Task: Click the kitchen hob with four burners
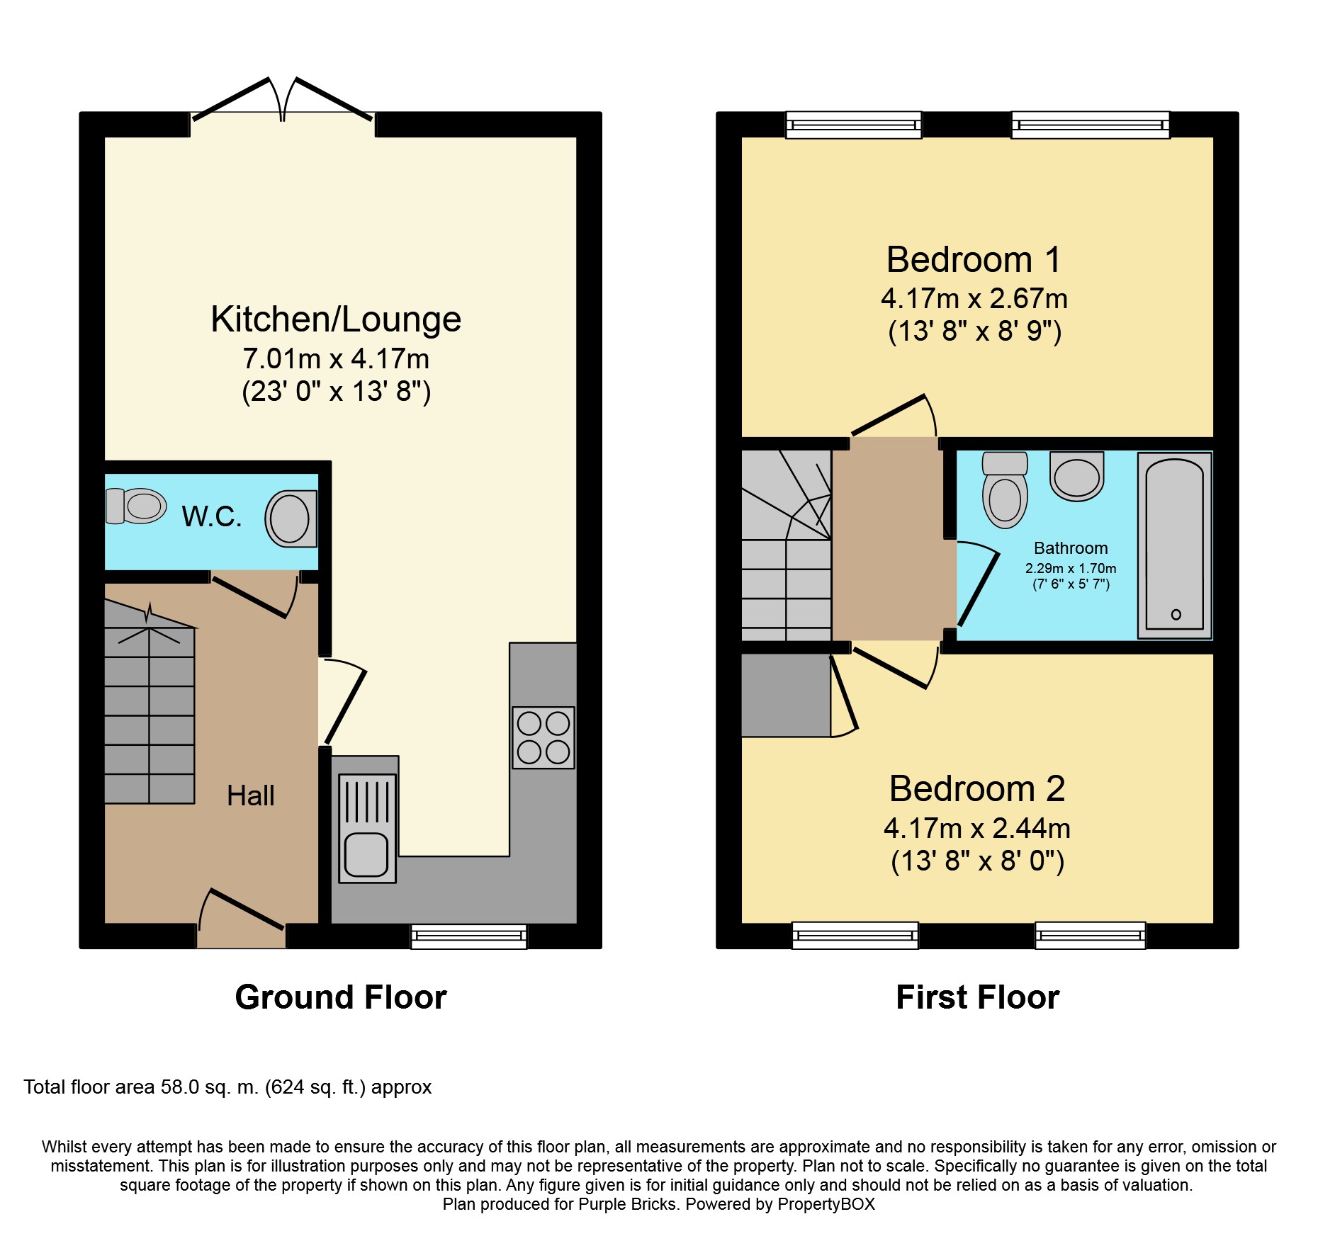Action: click(543, 737)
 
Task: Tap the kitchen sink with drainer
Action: click(367, 828)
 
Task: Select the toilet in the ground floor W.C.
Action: click(136, 506)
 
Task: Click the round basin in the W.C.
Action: click(291, 518)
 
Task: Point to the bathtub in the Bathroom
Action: click(1174, 545)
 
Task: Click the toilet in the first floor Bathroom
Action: click(1005, 490)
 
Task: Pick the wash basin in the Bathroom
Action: click(1076, 475)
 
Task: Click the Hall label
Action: click(250, 796)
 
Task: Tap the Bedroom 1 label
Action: click(974, 260)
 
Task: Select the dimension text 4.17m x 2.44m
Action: click(976, 829)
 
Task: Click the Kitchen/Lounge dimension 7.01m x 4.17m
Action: click(336, 359)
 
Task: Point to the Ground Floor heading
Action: click(341, 997)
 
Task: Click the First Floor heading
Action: click(977, 997)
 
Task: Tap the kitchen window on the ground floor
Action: click(469, 936)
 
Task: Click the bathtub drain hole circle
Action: click(1176, 614)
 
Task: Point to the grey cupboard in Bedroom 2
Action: click(785, 695)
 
